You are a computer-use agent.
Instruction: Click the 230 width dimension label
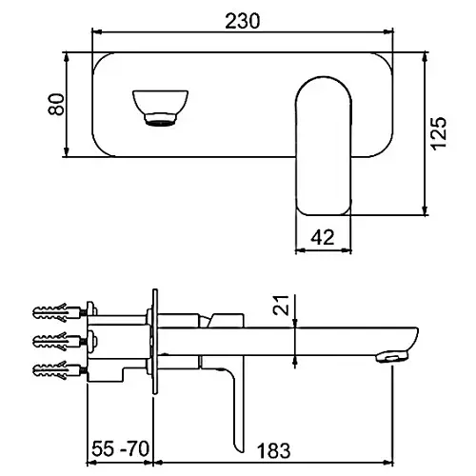(243, 21)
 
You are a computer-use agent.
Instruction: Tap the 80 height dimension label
(56, 104)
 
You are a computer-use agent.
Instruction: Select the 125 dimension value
(439, 132)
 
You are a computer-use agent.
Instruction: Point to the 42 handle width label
(323, 237)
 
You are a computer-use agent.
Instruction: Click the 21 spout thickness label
(281, 305)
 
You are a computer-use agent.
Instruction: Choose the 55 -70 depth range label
(120, 448)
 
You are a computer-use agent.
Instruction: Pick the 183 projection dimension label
(273, 450)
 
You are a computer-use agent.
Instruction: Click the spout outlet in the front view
(160, 108)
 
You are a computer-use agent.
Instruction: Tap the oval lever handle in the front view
(324, 146)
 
